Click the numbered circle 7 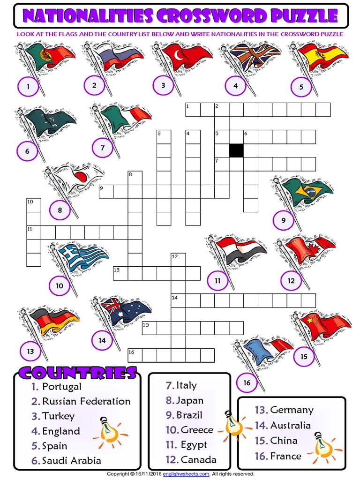(x=103, y=149)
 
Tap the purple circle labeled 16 (x=247, y=383)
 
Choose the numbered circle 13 (x=30, y=351)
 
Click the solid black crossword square (x=236, y=150)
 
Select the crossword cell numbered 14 (x=178, y=300)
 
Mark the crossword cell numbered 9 (x=106, y=191)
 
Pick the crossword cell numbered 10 (x=34, y=205)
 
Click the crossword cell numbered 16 (x=135, y=355)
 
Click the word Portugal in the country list (x=61, y=387)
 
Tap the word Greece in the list (x=197, y=430)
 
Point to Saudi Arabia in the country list (x=71, y=461)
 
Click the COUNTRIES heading (x=77, y=373)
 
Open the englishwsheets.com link (x=189, y=474)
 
